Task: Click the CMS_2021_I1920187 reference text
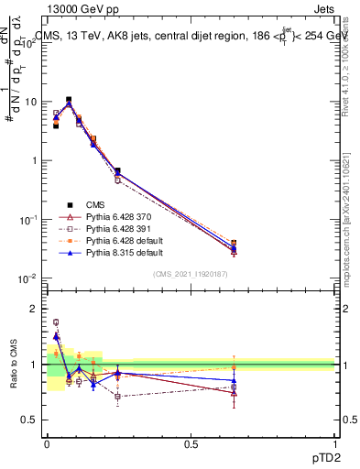pos(191,274)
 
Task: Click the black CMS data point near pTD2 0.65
pos(235,244)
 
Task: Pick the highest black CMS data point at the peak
pos(69,100)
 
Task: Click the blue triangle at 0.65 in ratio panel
pos(235,380)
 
